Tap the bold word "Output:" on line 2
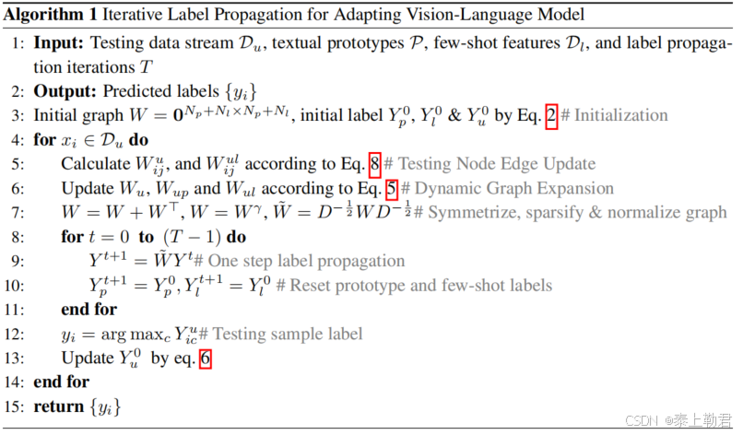point(66,92)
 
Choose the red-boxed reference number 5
point(392,188)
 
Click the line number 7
point(19,212)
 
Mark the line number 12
point(16,333)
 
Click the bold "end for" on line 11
point(89,309)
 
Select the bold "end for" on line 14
point(62,381)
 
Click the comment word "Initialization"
point(623,116)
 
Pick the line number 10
point(16,285)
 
